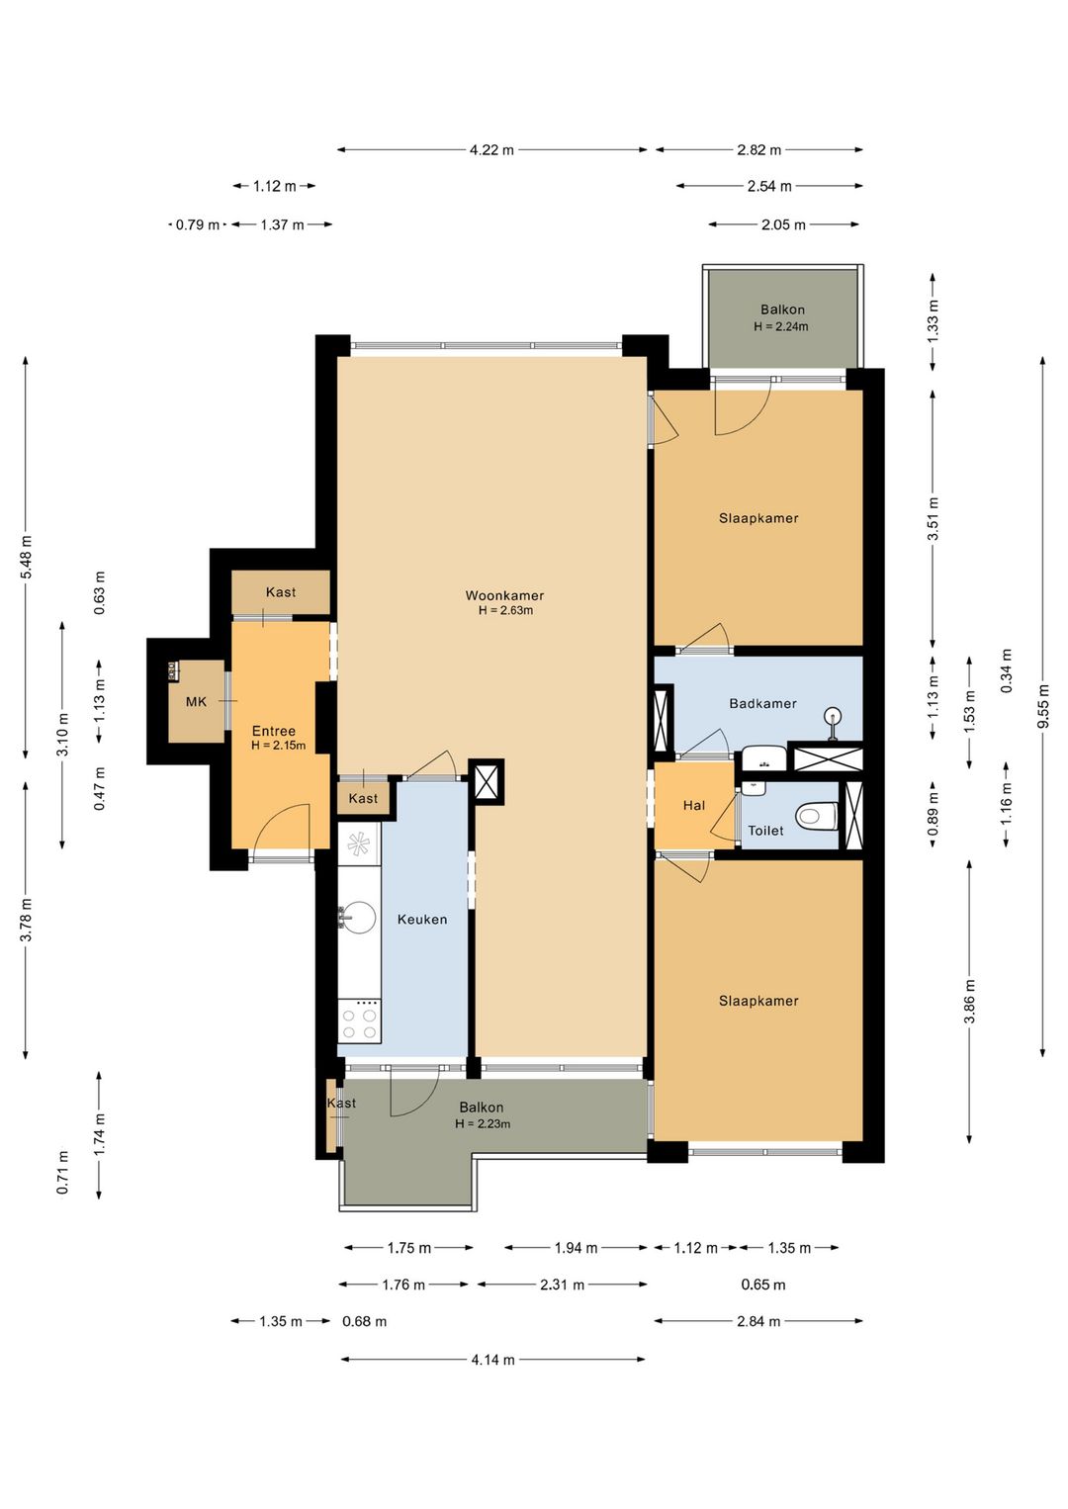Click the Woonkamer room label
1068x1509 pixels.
(504, 595)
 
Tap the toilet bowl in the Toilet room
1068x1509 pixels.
(816, 817)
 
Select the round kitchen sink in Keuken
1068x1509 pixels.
(357, 918)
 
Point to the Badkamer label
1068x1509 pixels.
(762, 703)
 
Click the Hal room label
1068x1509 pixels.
(694, 805)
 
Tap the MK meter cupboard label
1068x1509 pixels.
(196, 702)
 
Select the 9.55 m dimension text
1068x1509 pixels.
(1043, 706)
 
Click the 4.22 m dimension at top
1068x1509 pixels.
(491, 150)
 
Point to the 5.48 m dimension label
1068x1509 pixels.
(26, 557)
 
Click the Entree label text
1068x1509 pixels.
(274, 731)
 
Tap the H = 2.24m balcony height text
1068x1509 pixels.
(781, 326)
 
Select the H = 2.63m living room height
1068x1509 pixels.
(505, 610)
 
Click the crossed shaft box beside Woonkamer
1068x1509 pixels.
(486, 781)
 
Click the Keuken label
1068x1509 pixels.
(422, 919)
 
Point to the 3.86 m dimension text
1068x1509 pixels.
(970, 1002)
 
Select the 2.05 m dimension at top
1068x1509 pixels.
(783, 225)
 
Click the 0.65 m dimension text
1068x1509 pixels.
(762, 1285)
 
